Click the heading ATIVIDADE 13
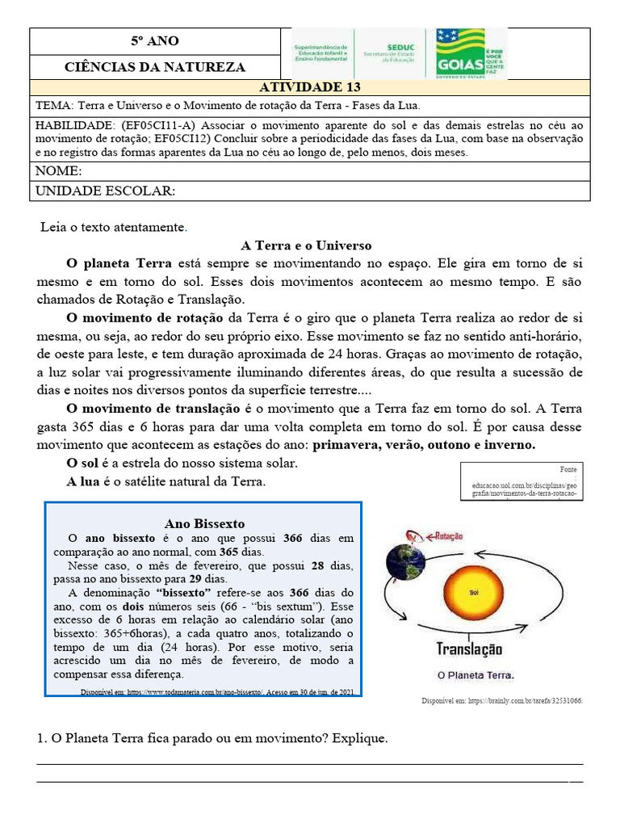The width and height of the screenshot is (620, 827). [309, 87]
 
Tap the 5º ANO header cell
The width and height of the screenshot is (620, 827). [155, 41]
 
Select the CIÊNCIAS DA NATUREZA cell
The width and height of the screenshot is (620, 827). [155, 67]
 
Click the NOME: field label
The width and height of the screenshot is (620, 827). [58, 171]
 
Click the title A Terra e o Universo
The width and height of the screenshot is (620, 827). [306, 246]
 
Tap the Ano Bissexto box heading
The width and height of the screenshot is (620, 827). [203, 523]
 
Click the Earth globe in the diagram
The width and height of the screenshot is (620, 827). [405, 561]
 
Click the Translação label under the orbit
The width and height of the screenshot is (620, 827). [469, 649]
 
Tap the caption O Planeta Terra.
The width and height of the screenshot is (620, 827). [475, 675]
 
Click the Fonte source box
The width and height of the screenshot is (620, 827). [523, 483]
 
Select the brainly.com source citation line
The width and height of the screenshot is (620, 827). [501, 700]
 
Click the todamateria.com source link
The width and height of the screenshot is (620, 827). [216, 692]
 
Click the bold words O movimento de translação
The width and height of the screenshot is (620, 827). [153, 409]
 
